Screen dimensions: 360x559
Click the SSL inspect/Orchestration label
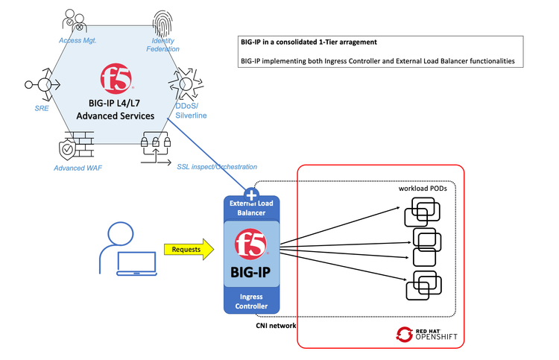point(217,166)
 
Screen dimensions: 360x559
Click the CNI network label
point(271,325)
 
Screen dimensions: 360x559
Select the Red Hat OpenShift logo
point(427,333)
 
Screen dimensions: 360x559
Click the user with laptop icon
point(127,250)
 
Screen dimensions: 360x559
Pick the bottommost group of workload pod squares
point(419,288)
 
